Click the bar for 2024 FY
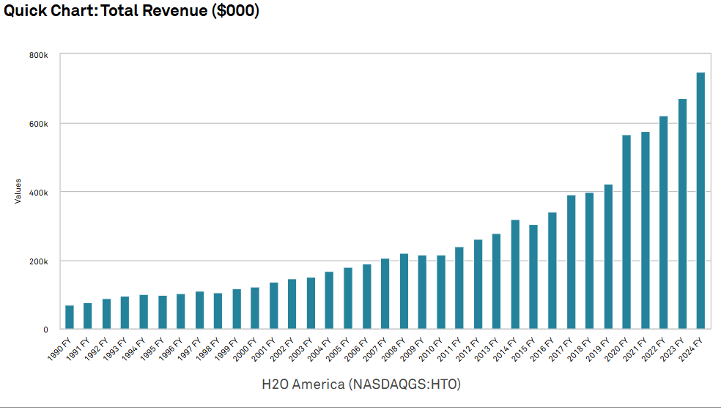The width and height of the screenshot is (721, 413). click(700, 201)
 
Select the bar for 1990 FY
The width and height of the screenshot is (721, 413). click(70, 317)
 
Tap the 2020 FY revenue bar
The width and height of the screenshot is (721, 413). click(626, 232)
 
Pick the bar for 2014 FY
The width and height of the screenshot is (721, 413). click(515, 275)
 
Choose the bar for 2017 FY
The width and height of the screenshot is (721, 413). click(571, 262)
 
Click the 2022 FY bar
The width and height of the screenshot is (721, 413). click(663, 223)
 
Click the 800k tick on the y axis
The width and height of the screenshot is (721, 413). click(40, 55)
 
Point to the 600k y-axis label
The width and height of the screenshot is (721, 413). click(40, 124)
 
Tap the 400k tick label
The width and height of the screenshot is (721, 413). click(40, 193)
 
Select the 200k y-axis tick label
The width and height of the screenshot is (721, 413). click(40, 261)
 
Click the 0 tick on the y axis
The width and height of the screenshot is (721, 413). click(45, 330)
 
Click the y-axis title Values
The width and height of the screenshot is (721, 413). click(18, 192)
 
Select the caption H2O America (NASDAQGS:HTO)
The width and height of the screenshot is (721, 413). click(360, 384)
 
